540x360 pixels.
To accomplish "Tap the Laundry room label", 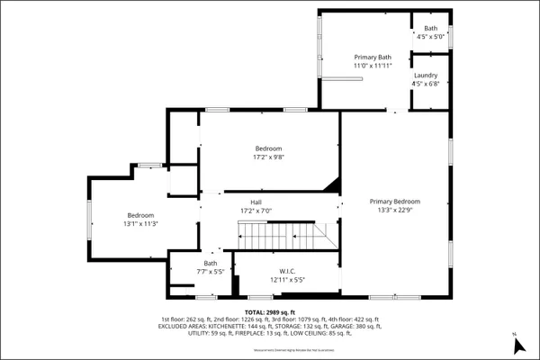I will pos(426,75).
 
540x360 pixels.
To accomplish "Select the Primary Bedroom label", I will pos(394,202).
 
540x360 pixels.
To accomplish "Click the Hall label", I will pos(256,202).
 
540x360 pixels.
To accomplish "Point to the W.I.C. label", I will pos(288,271).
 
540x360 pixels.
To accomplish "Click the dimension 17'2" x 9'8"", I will pos(268,157).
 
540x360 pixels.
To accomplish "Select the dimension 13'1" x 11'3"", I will pos(141,224).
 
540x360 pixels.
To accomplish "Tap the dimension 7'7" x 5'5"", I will pos(211,271).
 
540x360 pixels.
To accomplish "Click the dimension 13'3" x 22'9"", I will pos(394,211).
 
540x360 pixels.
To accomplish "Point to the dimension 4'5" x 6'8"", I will pos(426,85).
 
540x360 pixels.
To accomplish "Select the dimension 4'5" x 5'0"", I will pos(432,38).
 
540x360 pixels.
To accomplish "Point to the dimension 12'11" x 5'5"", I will pos(288,280).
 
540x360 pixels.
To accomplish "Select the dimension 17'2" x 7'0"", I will pos(256,211).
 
